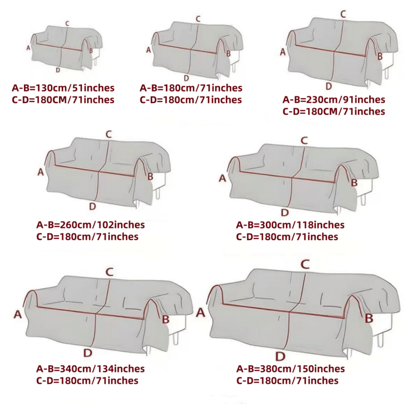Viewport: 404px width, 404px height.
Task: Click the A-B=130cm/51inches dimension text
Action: pyautogui.click(x=63, y=88)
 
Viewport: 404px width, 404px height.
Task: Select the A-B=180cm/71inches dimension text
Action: pyautogui.click(x=191, y=88)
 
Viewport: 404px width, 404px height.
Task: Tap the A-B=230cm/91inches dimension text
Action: pyautogui.click(x=334, y=100)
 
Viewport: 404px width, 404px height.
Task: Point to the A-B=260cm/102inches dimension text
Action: pyautogui.click(x=90, y=225)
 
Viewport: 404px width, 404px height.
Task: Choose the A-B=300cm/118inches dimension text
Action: pyautogui.click(x=290, y=225)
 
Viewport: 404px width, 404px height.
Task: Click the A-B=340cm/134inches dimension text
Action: pyautogui.click(x=90, y=369)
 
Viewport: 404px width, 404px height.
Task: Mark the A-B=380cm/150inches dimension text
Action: pyautogui.click(x=291, y=369)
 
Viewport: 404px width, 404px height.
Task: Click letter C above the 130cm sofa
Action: pyautogui.click(x=67, y=24)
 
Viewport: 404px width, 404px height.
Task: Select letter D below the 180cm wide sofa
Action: pyautogui.click(x=186, y=78)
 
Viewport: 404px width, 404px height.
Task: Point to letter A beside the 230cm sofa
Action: pyautogui.click(x=283, y=52)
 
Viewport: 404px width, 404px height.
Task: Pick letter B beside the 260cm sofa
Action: pyautogui.click(x=150, y=177)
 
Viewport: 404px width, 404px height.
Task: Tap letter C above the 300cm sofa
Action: pyautogui.click(x=304, y=141)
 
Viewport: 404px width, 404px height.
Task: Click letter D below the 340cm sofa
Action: pyautogui.click(x=88, y=353)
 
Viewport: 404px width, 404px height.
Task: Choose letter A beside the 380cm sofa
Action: pyautogui.click(x=200, y=313)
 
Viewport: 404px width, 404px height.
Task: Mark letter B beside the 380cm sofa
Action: pyautogui.click(x=369, y=319)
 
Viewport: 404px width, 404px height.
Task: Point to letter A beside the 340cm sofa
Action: pyautogui.click(x=17, y=314)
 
